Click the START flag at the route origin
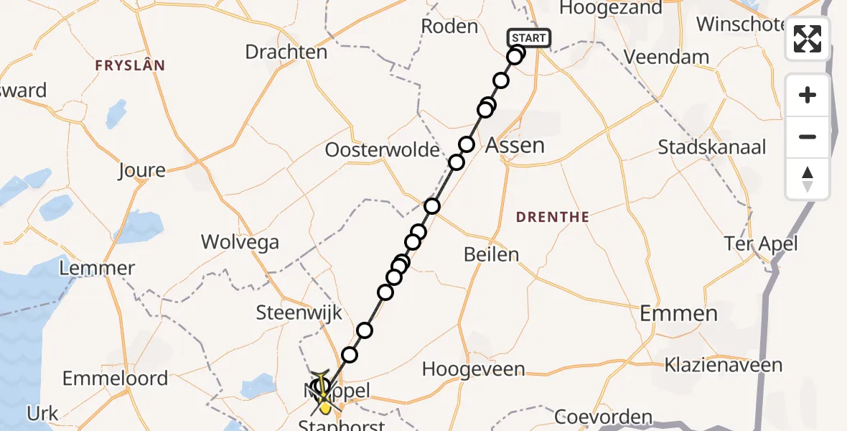point(529,38)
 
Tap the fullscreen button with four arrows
point(808,39)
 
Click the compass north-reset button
point(808,179)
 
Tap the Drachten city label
point(286,52)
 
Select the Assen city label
point(515,145)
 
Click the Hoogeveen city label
point(473,369)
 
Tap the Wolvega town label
point(240,241)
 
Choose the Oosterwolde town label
point(382,150)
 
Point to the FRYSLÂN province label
point(130,65)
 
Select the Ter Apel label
point(761,244)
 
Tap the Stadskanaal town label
point(712,147)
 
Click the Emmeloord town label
point(115,378)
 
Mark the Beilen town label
point(491,254)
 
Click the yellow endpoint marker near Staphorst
point(324,407)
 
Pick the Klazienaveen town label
point(723,365)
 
